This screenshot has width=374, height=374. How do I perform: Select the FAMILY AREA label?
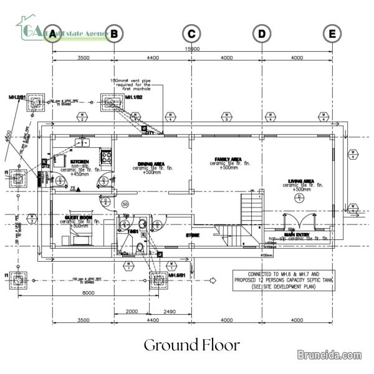(228, 160)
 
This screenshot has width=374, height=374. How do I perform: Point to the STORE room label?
(192, 235)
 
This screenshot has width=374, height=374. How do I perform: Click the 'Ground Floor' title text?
(191, 345)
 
